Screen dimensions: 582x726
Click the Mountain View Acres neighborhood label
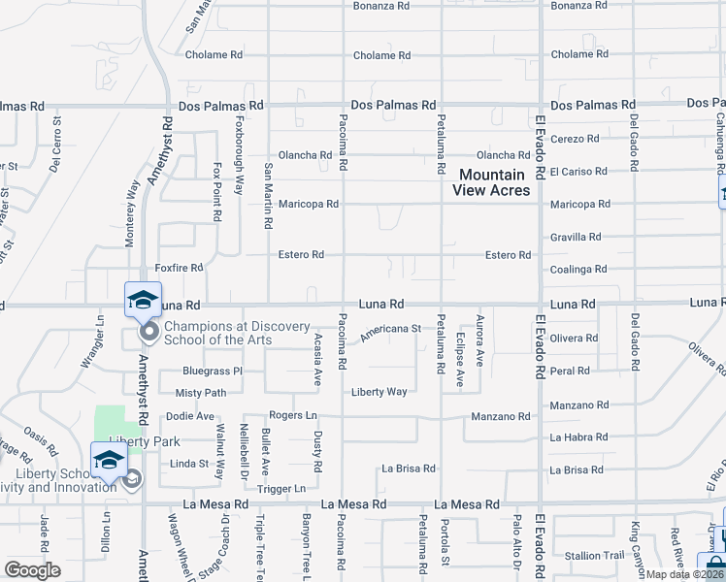[494, 182]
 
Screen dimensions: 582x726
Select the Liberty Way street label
[379, 392]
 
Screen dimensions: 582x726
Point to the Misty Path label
[200, 393]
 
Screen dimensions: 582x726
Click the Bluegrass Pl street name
[212, 371]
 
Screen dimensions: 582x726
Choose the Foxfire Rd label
[179, 267]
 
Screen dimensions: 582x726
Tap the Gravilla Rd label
[575, 237]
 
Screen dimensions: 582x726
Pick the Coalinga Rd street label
[576, 270]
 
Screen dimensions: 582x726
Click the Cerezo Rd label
[574, 138]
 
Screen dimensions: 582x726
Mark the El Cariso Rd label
[577, 171]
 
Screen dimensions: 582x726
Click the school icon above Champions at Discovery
[143, 301]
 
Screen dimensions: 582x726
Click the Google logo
[32, 570]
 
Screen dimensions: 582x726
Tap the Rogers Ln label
[293, 415]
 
